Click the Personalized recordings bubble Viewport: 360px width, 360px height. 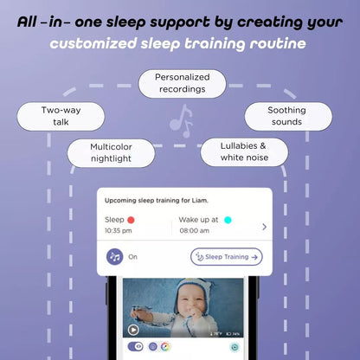click(x=182, y=84)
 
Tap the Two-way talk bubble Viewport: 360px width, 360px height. click(x=61, y=117)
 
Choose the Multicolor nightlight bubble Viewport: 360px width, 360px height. click(x=111, y=153)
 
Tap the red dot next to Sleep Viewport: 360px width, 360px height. click(x=132, y=221)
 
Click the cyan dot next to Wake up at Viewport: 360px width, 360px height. click(x=228, y=221)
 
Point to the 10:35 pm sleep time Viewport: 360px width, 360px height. click(x=119, y=232)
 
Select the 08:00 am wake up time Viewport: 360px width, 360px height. click(x=194, y=232)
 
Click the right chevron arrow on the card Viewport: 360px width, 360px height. click(x=264, y=227)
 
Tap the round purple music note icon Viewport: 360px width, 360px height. click(x=115, y=257)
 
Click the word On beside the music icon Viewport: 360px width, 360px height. click(x=133, y=257)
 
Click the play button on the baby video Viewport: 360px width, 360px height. click(x=133, y=330)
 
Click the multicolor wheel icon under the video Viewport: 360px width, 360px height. click(x=165, y=347)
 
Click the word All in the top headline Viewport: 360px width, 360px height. click(x=37, y=19)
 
